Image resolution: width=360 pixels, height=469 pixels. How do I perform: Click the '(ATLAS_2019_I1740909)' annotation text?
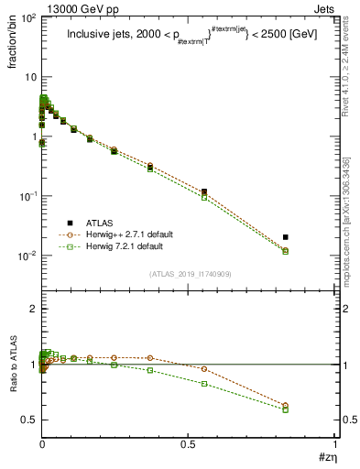tap(190, 274)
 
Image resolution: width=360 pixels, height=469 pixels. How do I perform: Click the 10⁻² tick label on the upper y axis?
tap(26, 256)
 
